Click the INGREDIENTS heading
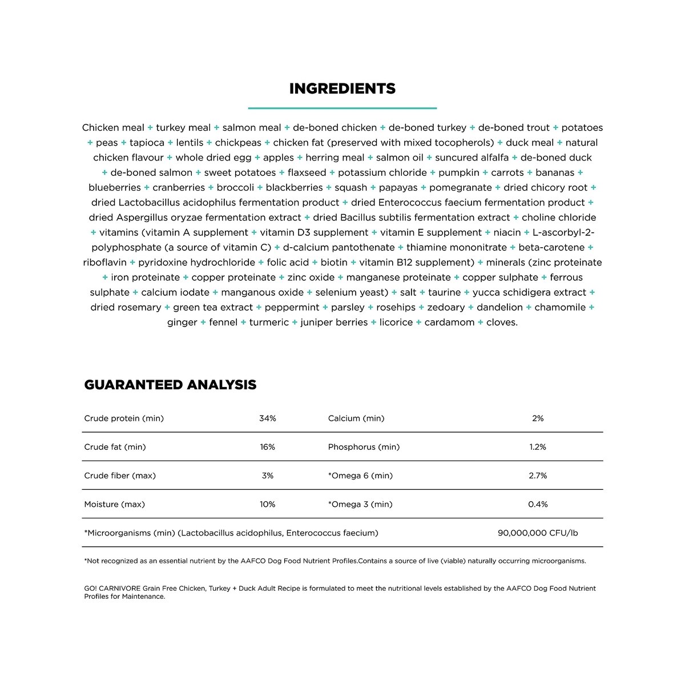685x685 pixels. pyautogui.click(x=342, y=89)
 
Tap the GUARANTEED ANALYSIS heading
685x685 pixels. pyautogui.click(x=170, y=385)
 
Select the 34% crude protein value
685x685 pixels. pyautogui.click(x=267, y=418)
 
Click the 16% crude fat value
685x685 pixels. pyautogui.click(x=267, y=447)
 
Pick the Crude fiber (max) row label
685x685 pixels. pyautogui.click(x=120, y=476)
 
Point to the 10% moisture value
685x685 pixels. pyautogui.click(x=267, y=504)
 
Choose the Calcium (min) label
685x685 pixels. pyautogui.click(x=356, y=418)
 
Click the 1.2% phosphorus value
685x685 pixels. pyautogui.click(x=538, y=447)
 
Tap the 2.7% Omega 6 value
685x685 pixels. pyautogui.click(x=538, y=476)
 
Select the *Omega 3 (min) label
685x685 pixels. pyautogui.click(x=360, y=504)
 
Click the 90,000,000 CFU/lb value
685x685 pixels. pyautogui.click(x=538, y=533)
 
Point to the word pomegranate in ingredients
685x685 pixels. pyautogui.click(x=460, y=188)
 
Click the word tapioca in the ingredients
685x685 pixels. pyautogui.click(x=147, y=143)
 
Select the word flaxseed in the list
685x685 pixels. pyautogui.click(x=307, y=172)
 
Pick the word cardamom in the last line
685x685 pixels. pyautogui.click(x=449, y=323)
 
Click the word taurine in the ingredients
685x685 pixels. pyautogui.click(x=444, y=292)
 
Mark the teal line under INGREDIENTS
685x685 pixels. pyautogui.click(x=342, y=108)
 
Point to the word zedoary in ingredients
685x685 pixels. pyautogui.click(x=446, y=308)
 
